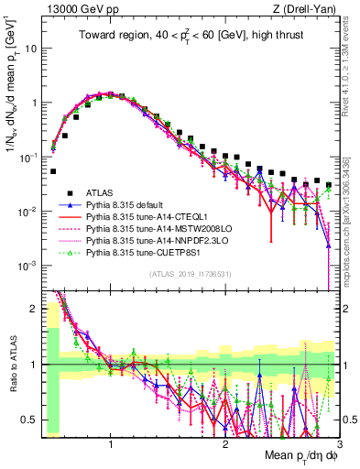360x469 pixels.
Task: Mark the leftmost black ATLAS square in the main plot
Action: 54,171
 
